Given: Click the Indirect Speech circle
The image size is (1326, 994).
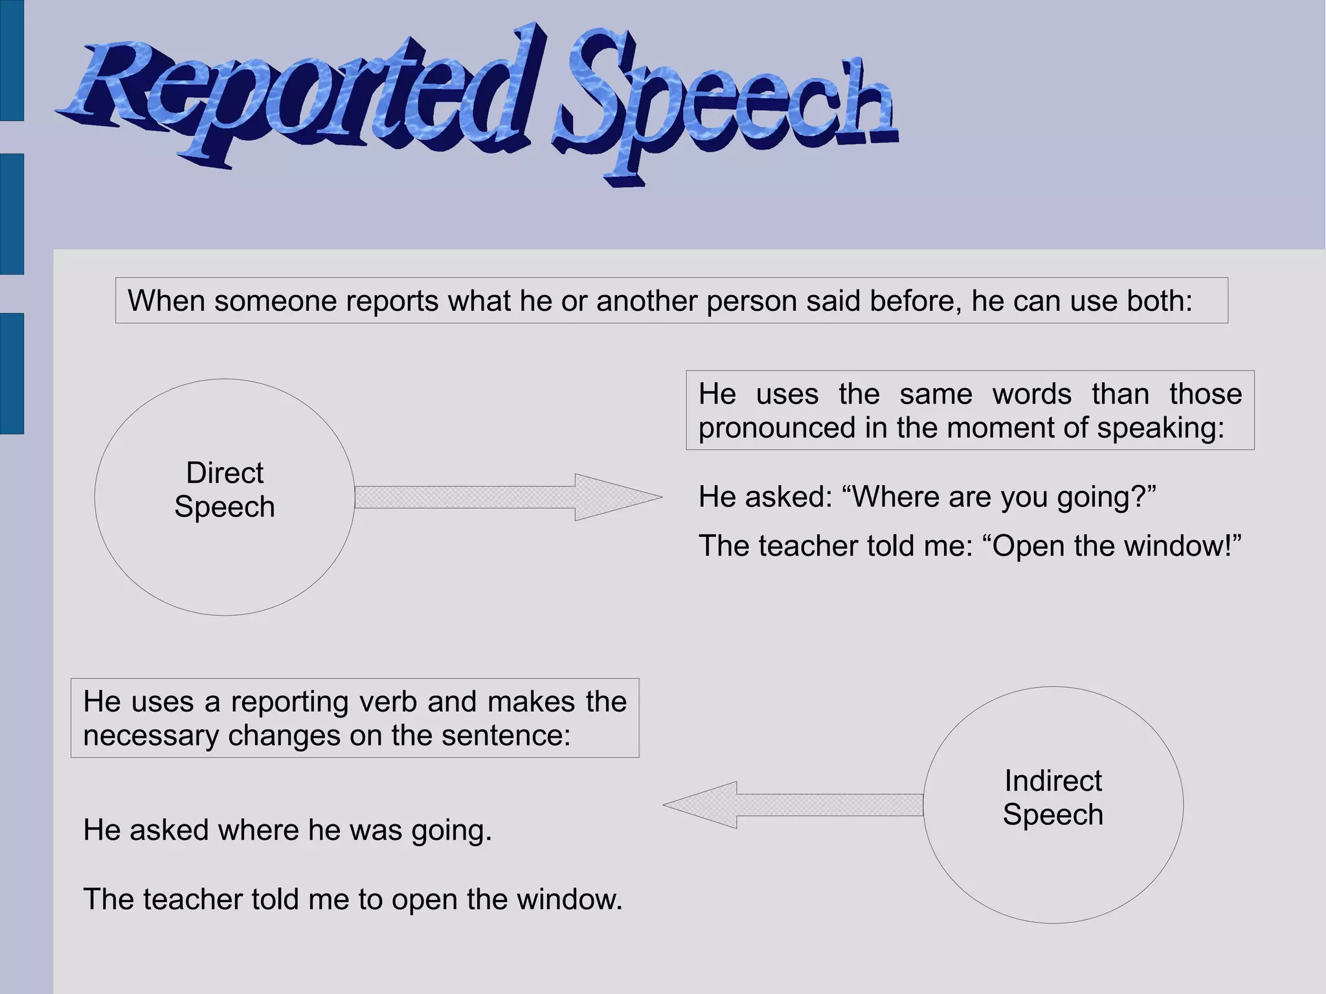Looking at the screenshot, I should pyautogui.click(x=1053, y=868).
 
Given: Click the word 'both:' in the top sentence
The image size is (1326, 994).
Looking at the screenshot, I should pyautogui.click(x=1159, y=300).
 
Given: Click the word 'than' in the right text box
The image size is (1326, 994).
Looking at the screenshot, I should pyautogui.click(x=1120, y=394).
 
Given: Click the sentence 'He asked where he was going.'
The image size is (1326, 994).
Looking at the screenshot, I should pyautogui.click(x=287, y=830).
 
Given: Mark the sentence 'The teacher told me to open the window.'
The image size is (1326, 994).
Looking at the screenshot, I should pyautogui.click(x=353, y=899).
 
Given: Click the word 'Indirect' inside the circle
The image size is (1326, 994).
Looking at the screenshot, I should pyautogui.click(x=1053, y=781).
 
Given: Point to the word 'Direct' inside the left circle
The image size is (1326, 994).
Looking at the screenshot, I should pyautogui.click(x=225, y=473).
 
